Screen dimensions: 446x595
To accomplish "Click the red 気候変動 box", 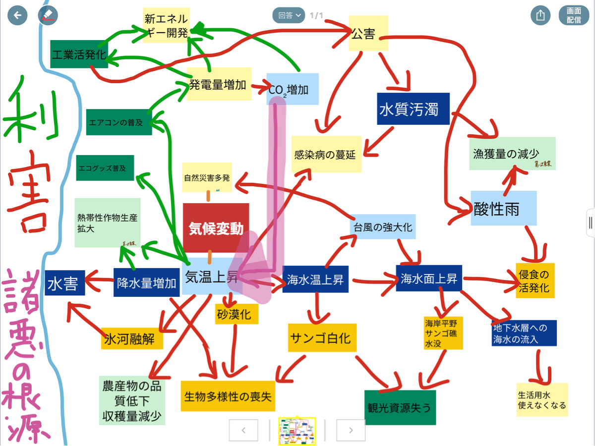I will [x=216, y=228].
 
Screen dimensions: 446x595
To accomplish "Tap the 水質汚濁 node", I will [x=413, y=109].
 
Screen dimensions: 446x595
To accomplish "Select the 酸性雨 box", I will [x=503, y=209].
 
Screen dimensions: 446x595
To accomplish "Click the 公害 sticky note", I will [x=368, y=33].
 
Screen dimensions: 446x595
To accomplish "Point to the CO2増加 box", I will [x=293, y=89].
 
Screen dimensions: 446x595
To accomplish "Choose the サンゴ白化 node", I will [x=322, y=337].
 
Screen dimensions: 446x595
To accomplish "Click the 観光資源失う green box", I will [x=400, y=407].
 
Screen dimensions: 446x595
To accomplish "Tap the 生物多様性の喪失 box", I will [x=228, y=396].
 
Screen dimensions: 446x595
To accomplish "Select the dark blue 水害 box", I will [x=64, y=283].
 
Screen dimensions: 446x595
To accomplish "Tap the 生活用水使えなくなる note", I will [x=541, y=400].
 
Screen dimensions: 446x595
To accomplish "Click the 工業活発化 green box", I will [x=79, y=54].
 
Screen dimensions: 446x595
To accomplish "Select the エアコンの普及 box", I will [x=119, y=122].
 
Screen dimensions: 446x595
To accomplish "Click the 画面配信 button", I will [x=574, y=15].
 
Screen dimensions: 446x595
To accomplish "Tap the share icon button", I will [x=540, y=15].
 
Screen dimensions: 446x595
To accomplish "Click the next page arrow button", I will [x=351, y=430].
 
